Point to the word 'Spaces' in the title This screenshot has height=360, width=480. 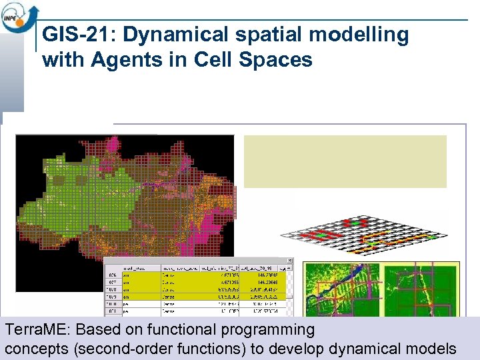pos(279,59)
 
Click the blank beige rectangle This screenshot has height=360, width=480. pos(345,161)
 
